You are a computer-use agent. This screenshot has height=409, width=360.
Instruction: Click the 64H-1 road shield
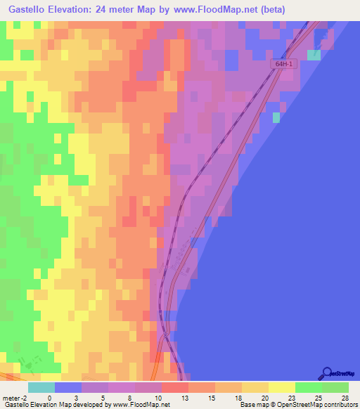[x=285, y=63]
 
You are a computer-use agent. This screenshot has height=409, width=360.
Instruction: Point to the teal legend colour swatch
[x=41, y=387]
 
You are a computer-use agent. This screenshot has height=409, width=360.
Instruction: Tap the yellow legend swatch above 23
[x=281, y=387]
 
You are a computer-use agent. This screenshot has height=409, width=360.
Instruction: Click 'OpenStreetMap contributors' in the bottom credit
[x=318, y=405]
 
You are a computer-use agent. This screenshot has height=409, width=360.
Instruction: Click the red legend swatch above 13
[x=174, y=387]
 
